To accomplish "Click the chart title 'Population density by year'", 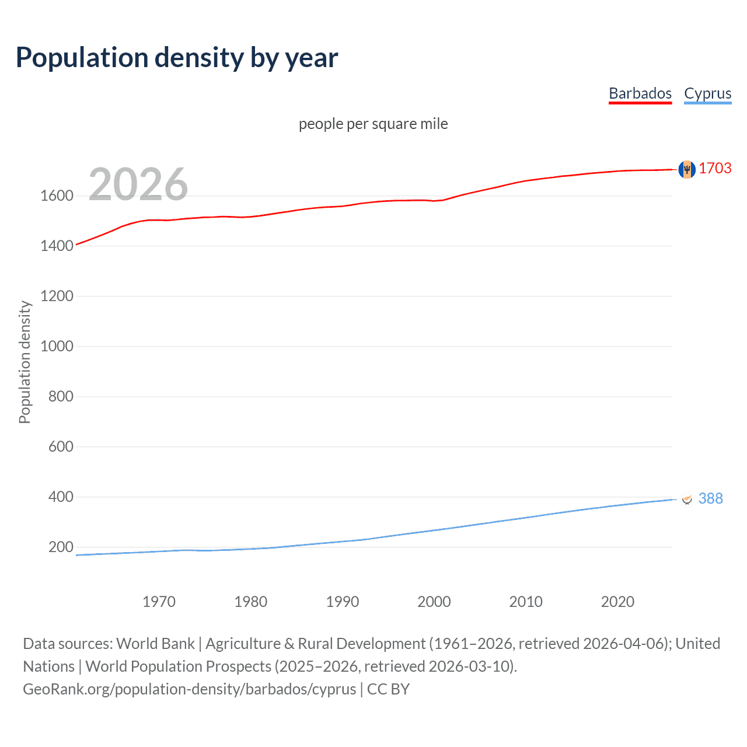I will (x=177, y=58).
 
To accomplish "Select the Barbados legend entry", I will (x=640, y=93).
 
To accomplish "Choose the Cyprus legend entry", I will (x=707, y=93).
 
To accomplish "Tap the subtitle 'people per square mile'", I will (x=373, y=124).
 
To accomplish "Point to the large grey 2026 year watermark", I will (x=138, y=184).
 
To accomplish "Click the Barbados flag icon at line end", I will (x=687, y=169).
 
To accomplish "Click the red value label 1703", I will (x=715, y=168).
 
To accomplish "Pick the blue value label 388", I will (x=710, y=498).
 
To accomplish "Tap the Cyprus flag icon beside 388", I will (x=687, y=499).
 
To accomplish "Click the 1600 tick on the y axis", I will (x=57, y=196).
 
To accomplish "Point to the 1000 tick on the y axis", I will (x=57, y=346).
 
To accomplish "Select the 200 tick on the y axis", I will (x=61, y=547).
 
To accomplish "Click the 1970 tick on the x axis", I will (x=159, y=602).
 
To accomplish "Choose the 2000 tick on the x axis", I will (x=434, y=602).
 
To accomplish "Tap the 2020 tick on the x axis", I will (x=617, y=602).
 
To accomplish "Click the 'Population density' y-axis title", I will (x=25, y=362).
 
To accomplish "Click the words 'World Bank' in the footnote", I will (x=155, y=644).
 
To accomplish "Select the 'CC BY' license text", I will (x=388, y=689).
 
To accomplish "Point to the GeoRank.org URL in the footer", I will (x=189, y=689).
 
